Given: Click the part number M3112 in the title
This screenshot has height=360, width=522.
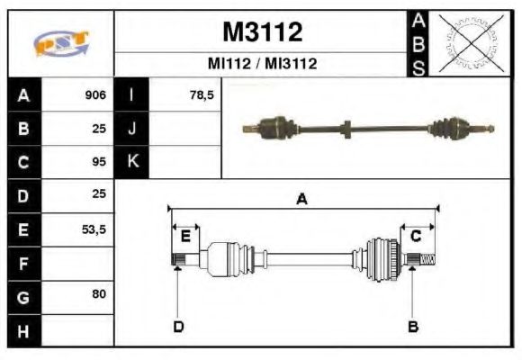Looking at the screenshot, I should (x=262, y=32).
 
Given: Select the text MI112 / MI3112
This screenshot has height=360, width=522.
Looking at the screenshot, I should (x=262, y=65).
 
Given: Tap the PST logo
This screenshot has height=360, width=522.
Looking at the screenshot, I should (x=60, y=43).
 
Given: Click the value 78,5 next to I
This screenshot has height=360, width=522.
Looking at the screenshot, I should (x=201, y=95).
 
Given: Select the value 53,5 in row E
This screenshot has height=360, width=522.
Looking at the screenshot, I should (x=94, y=229).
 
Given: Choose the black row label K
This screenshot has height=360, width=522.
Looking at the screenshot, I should (x=131, y=162).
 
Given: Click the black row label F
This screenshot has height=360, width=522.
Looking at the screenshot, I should (x=23, y=264).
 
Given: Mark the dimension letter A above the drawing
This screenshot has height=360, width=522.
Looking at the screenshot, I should (x=302, y=200).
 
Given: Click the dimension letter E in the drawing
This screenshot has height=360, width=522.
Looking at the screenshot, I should (x=185, y=236).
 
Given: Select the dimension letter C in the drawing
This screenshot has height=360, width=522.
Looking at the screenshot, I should (x=416, y=236).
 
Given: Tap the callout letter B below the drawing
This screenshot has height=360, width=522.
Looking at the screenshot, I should (x=413, y=326).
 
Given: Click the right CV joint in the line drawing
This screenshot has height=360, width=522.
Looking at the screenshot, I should (x=383, y=258).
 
